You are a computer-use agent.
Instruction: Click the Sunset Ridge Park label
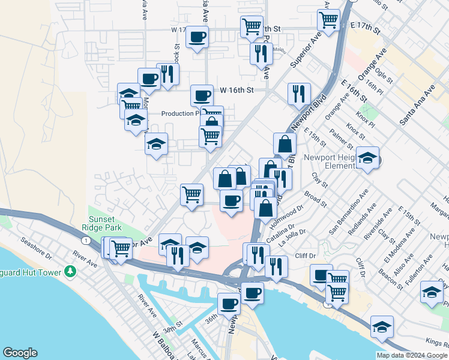(x=105, y=223)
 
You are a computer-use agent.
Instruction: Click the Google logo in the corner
(x=20, y=353)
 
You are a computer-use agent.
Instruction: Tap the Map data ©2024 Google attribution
(x=412, y=355)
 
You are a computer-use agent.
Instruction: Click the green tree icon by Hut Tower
(x=71, y=271)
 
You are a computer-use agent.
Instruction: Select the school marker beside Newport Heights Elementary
(x=368, y=158)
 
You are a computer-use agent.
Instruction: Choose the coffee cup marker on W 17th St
(x=197, y=38)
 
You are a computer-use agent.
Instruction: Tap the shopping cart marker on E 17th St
(x=329, y=20)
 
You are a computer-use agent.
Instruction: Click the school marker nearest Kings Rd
(x=382, y=328)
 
